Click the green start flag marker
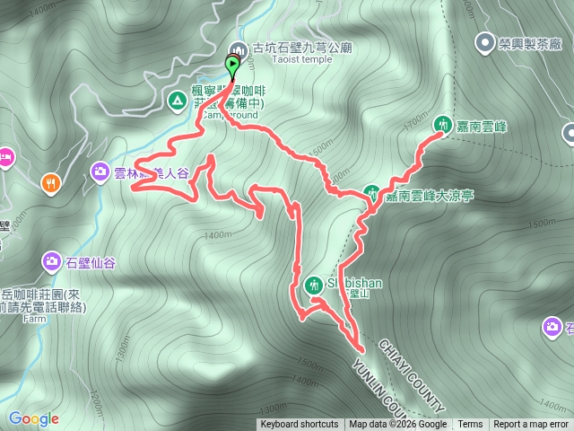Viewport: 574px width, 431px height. coord(233,66)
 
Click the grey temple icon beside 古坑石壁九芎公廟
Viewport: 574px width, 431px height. coord(239,50)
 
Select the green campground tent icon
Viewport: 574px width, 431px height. coord(175,98)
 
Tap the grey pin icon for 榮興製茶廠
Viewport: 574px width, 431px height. coord(485,41)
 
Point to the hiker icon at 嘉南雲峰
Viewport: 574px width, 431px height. coord(442,125)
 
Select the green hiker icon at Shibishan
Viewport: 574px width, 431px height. coord(314,284)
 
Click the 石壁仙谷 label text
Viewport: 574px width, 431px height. coord(91,262)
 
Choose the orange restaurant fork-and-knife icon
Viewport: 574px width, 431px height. coord(50,182)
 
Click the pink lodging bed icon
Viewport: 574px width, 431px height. coord(4,158)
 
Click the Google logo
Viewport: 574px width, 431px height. coord(32,418)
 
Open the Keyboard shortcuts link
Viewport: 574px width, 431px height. coord(300,425)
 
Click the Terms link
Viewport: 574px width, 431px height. coord(470,425)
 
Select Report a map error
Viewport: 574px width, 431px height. coord(531,425)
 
